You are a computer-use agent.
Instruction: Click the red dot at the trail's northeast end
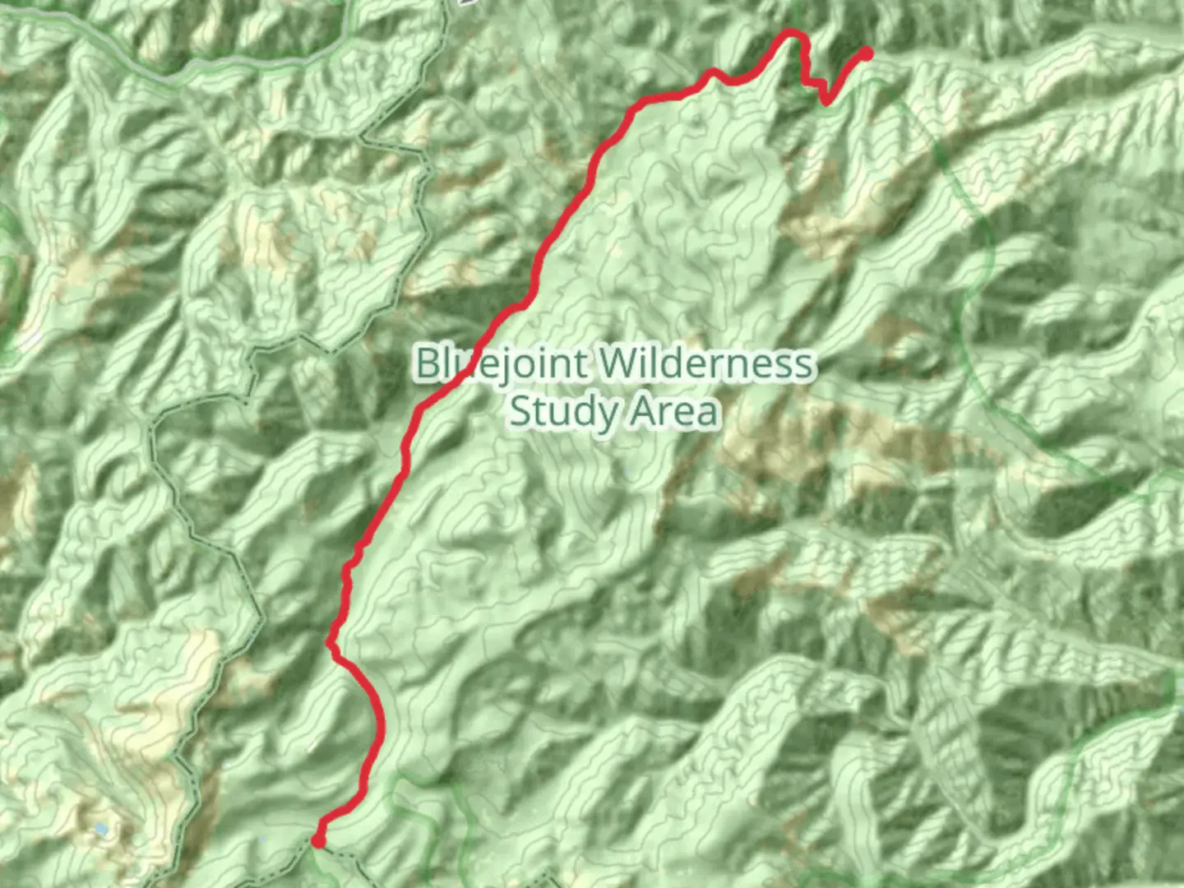pos(866,54)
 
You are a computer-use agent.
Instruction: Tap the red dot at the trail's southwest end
pos(317,839)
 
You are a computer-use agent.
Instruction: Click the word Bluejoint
pos(502,363)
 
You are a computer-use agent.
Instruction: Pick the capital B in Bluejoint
pos(427,363)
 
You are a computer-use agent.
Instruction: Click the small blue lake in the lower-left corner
pos(100,830)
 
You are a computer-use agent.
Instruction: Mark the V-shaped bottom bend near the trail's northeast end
pos(826,104)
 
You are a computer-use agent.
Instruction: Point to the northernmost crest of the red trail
pos(792,32)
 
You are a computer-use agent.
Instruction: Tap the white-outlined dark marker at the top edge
pos(467,2)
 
